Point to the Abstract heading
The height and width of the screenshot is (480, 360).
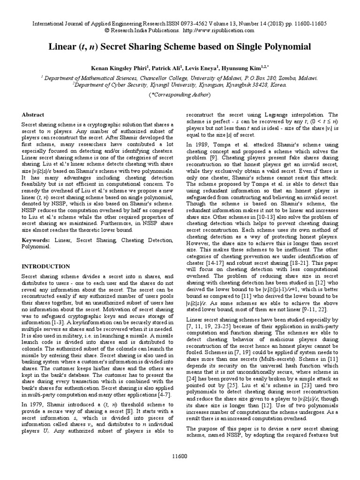pos(33,114)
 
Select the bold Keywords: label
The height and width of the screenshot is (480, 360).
pos(37,240)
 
